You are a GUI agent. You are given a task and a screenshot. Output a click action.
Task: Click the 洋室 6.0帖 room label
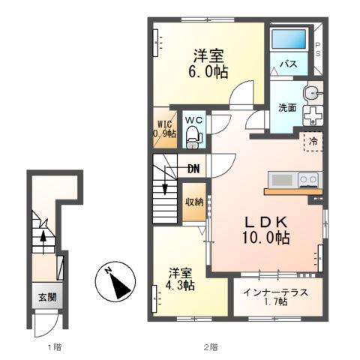(208, 64)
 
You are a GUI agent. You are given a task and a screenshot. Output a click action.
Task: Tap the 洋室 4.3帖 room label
(181, 279)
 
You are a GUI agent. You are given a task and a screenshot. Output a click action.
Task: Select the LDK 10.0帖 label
(266, 229)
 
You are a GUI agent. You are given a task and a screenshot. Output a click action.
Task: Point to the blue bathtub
(289, 39)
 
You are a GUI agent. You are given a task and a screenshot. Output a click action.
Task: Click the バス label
(289, 64)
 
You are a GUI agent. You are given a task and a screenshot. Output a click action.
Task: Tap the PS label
(317, 49)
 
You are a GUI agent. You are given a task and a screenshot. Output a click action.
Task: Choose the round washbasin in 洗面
(312, 94)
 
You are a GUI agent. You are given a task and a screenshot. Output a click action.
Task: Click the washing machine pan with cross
(313, 115)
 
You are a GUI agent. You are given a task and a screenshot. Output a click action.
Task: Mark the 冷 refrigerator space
(313, 142)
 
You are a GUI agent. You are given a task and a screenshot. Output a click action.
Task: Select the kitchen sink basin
(282, 179)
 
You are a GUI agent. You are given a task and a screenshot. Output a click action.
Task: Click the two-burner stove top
(308, 179)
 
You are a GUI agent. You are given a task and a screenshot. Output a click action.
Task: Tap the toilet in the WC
(193, 137)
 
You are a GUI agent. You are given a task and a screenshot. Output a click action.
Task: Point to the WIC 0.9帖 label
(164, 129)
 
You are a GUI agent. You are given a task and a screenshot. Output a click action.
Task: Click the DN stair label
(193, 169)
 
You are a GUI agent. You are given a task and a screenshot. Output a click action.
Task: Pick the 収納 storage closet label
(194, 202)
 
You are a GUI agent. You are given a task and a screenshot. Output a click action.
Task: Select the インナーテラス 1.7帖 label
(275, 297)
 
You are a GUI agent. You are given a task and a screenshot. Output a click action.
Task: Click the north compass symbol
(115, 281)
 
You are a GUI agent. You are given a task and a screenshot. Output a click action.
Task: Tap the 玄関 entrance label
(47, 297)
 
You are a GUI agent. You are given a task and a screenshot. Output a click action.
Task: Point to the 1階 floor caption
(55, 347)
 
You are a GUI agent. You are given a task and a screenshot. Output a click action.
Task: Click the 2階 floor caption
(211, 347)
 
